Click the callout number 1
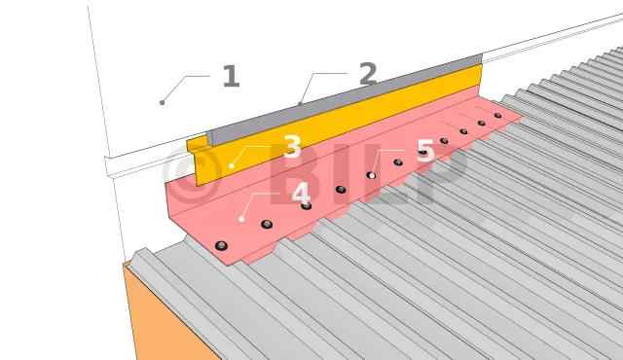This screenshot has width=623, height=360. pos(232,76)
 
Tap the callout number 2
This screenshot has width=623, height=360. pos(368,73)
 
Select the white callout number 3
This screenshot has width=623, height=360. pos(292,147)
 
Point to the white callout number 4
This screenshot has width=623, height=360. pos(301,194)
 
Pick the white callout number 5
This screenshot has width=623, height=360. pos(425,151)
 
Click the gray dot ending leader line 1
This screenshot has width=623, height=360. pos(163,103)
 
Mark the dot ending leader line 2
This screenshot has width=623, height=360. pos(301,104)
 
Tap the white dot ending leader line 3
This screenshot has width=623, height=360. pos(232,165)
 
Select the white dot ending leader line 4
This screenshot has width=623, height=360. pos(241,219)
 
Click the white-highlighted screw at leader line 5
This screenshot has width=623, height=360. pos(372,175)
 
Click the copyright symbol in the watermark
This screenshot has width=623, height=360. pos(192,173)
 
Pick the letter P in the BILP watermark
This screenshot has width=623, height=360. pos(441,174)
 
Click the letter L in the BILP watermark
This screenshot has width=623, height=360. pos(385,174)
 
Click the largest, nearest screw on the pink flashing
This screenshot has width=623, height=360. pos(221,246)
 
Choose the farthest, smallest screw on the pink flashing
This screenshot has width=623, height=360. pos(497,116)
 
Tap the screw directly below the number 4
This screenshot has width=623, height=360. pos(306,205)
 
